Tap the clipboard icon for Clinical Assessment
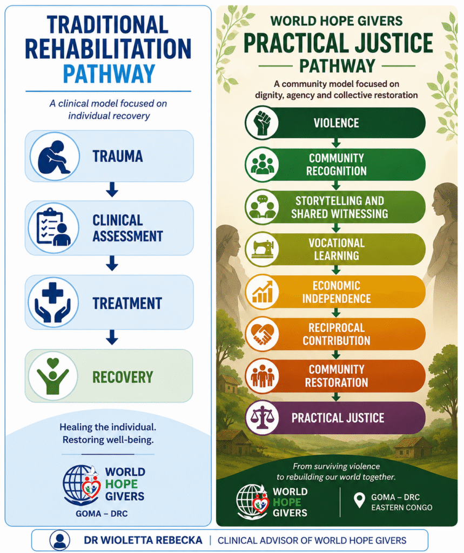[53, 227]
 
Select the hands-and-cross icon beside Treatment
[53, 302]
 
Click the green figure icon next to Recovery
[53, 376]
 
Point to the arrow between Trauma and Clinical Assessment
[112, 190]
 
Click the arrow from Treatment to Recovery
[112, 337]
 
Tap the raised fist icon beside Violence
[262, 123]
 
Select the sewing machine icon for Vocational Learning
[263, 249]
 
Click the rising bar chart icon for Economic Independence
[263, 292]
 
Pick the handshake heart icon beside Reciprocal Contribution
[262, 334]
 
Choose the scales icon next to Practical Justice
[262, 418]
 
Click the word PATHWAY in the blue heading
[109, 73]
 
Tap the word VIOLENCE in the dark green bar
[337, 123]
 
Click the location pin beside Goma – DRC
[359, 500]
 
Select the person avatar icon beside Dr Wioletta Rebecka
[59, 540]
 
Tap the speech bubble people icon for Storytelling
[262, 207]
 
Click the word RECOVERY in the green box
[123, 377]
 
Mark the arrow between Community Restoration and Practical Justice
[337, 397]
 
